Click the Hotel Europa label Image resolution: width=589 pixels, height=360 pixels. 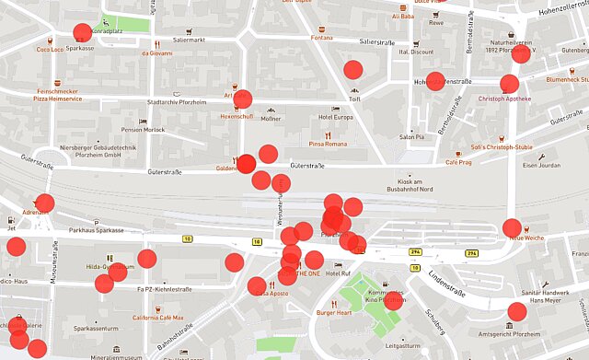pyautogui.click(x=335, y=117)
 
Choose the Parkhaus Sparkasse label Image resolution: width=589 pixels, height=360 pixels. pyautogui.click(x=97, y=230)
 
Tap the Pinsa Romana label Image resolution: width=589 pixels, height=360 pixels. pyautogui.click(x=327, y=145)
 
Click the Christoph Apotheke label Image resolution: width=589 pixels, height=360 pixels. pyautogui.click(x=504, y=99)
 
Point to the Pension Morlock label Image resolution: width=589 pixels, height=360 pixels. pyautogui.click(x=143, y=130)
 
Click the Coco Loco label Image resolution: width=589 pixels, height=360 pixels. pyautogui.click(x=50, y=49)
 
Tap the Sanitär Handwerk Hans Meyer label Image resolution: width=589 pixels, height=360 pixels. pyautogui.click(x=551, y=295)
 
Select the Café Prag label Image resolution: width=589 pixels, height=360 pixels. pyautogui.click(x=458, y=162)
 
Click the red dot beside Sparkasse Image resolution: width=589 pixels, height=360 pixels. pyautogui.click(x=82, y=33)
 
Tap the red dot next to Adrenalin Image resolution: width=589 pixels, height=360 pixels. pyautogui.click(x=44, y=203)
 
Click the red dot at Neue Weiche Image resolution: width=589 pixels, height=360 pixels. pyautogui.click(x=513, y=227)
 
